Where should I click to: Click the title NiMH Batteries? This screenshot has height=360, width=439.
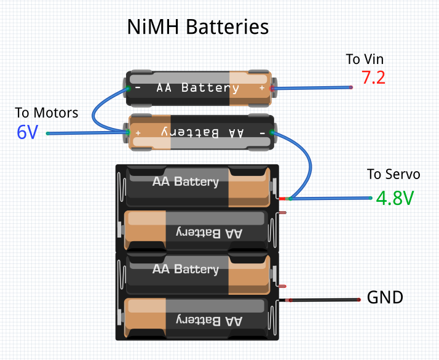pyautogui.click(x=198, y=27)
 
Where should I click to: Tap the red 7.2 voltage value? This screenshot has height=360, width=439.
pyautogui.click(x=373, y=78)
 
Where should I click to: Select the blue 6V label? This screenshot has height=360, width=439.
pyautogui.click(x=27, y=132)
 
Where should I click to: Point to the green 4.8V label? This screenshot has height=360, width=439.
pyautogui.click(x=395, y=199)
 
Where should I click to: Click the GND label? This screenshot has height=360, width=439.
pyautogui.click(x=385, y=298)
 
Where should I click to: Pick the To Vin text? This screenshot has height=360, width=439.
pyautogui.click(x=365, y=59)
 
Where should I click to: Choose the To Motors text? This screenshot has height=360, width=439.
pyautogui.click(x=47, y=113)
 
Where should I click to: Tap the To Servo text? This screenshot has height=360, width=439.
pyautogui.click(x=394, y=174)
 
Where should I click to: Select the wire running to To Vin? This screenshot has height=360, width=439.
pyautogui.click(x=314, y=89)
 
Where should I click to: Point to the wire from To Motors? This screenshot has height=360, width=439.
pyautogui.click(x=86, y=133)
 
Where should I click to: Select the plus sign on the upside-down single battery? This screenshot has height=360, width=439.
pyautogui.click(x=138, y=132)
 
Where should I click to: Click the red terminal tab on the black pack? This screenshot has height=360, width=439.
pyautogui.click(x=282, y=199)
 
